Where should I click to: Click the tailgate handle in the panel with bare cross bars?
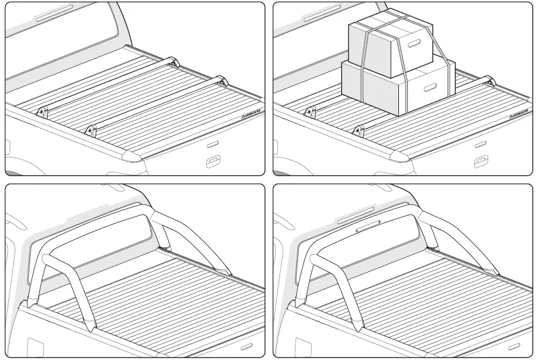[212, 160]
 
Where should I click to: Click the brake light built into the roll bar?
[367, 225]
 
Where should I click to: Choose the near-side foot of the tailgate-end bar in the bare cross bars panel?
[91, 130]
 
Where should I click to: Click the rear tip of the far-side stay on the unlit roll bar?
[228, 272]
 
